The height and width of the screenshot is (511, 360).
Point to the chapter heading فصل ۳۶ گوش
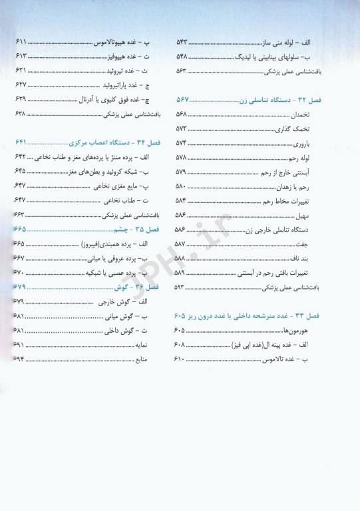point(139,287)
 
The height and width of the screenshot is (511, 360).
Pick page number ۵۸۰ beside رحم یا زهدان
point(181,186)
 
